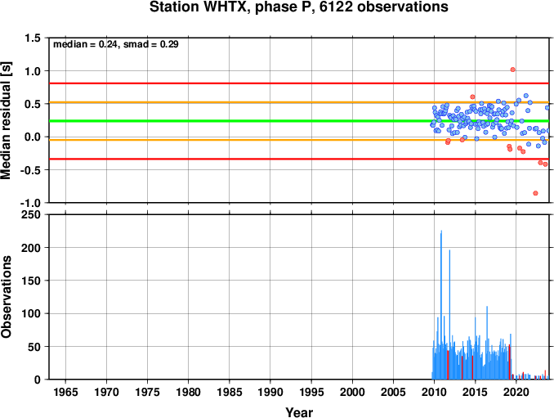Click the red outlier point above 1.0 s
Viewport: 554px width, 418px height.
[x=512, y=70]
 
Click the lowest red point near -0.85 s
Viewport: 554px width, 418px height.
[x=536, y=193]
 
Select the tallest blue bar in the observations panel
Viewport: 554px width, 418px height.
[x=441, y=305]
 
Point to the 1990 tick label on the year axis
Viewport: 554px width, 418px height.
[x=270, y=392]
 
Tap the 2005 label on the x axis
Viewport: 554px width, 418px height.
[x=393, y=392]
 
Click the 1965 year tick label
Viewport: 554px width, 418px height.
[x=65, y=392]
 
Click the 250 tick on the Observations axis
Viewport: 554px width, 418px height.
[x=31, y=214]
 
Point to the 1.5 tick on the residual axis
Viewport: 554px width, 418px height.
[x=33, y=38]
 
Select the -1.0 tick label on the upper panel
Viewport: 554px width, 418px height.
[x=30, y=203]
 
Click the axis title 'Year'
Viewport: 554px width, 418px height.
[x=299, y=412]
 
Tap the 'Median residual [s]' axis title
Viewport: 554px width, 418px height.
[x=7, y=121]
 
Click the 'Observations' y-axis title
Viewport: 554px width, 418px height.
[x=7, y=297]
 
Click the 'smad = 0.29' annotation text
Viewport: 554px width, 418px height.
[x=151, y=44]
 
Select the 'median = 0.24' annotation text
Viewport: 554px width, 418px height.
[x=85, y=44]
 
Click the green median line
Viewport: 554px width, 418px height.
[x=299, y=121]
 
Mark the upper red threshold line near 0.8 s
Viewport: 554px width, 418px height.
[x=299, y=83]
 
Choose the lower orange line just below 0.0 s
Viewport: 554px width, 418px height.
[x=299, y=140]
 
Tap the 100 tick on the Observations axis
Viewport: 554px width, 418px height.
[x=31, y=313]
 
